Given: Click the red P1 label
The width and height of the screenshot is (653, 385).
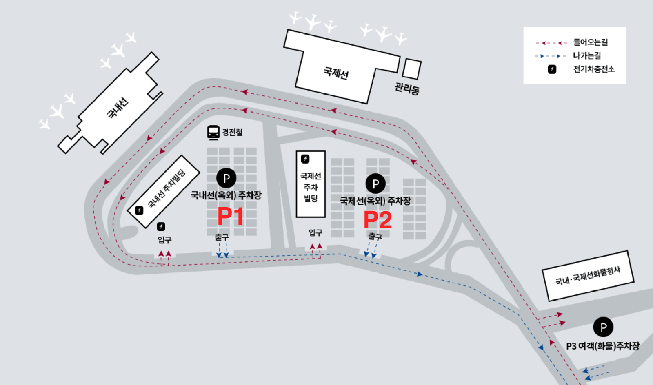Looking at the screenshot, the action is (230, 216).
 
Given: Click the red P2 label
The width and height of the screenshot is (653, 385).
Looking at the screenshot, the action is (378, 220).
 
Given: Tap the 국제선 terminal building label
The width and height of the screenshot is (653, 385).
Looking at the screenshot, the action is (336, 73).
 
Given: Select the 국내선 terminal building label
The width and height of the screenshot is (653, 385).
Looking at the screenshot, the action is (118, 108).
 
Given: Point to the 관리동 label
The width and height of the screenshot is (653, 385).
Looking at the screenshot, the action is (407, 88).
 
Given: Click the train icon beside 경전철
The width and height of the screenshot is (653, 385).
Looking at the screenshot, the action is (213, 132).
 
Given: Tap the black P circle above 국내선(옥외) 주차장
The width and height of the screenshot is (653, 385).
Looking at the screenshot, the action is (226, 178).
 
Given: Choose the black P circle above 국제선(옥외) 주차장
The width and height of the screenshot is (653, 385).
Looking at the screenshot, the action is (375, 184).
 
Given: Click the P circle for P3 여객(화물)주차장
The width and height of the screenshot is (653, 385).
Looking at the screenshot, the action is (603, 327).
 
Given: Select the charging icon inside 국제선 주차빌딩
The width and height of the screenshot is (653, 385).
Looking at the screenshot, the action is (305, 159).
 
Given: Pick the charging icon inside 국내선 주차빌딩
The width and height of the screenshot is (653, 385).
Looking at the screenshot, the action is (139, 210).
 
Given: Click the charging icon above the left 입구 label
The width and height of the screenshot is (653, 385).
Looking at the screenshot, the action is (161, 226).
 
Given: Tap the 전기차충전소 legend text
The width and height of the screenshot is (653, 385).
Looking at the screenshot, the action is (593, 69).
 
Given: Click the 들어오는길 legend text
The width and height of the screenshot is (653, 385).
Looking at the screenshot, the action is (590, 42).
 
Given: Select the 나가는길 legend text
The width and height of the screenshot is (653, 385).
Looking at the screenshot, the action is (587, 55).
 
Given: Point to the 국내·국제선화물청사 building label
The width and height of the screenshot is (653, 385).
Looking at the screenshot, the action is (588, 276).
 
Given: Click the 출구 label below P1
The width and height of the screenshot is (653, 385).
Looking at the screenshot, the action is (222, 237).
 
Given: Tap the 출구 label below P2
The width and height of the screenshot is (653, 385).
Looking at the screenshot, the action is (375, 236).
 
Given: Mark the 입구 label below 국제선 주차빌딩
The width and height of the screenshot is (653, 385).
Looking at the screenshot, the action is (315, 232).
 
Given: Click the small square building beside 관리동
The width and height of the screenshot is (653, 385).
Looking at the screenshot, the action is (411, 69).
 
